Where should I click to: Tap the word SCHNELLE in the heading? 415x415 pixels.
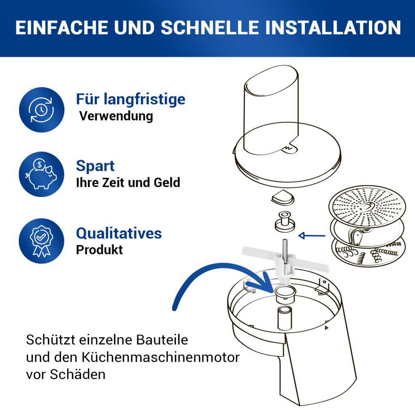click(210, 28)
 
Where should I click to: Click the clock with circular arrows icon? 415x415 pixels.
click(42, 109)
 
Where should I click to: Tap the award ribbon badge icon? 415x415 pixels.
click(41, 241)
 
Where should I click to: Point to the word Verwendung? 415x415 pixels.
click(116, 116)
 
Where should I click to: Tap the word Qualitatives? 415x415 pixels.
click(119, 233)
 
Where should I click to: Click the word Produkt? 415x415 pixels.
click(100, 250)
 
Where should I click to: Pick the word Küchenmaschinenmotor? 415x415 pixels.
click(160, 357)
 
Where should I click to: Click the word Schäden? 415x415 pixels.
click(77, 374)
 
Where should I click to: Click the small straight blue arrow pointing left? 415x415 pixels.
click(312, 235)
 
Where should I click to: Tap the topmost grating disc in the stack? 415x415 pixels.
click(367, 205)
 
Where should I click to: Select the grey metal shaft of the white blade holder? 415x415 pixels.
click(285, 251)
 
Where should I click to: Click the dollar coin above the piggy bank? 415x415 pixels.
click(39, 165)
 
